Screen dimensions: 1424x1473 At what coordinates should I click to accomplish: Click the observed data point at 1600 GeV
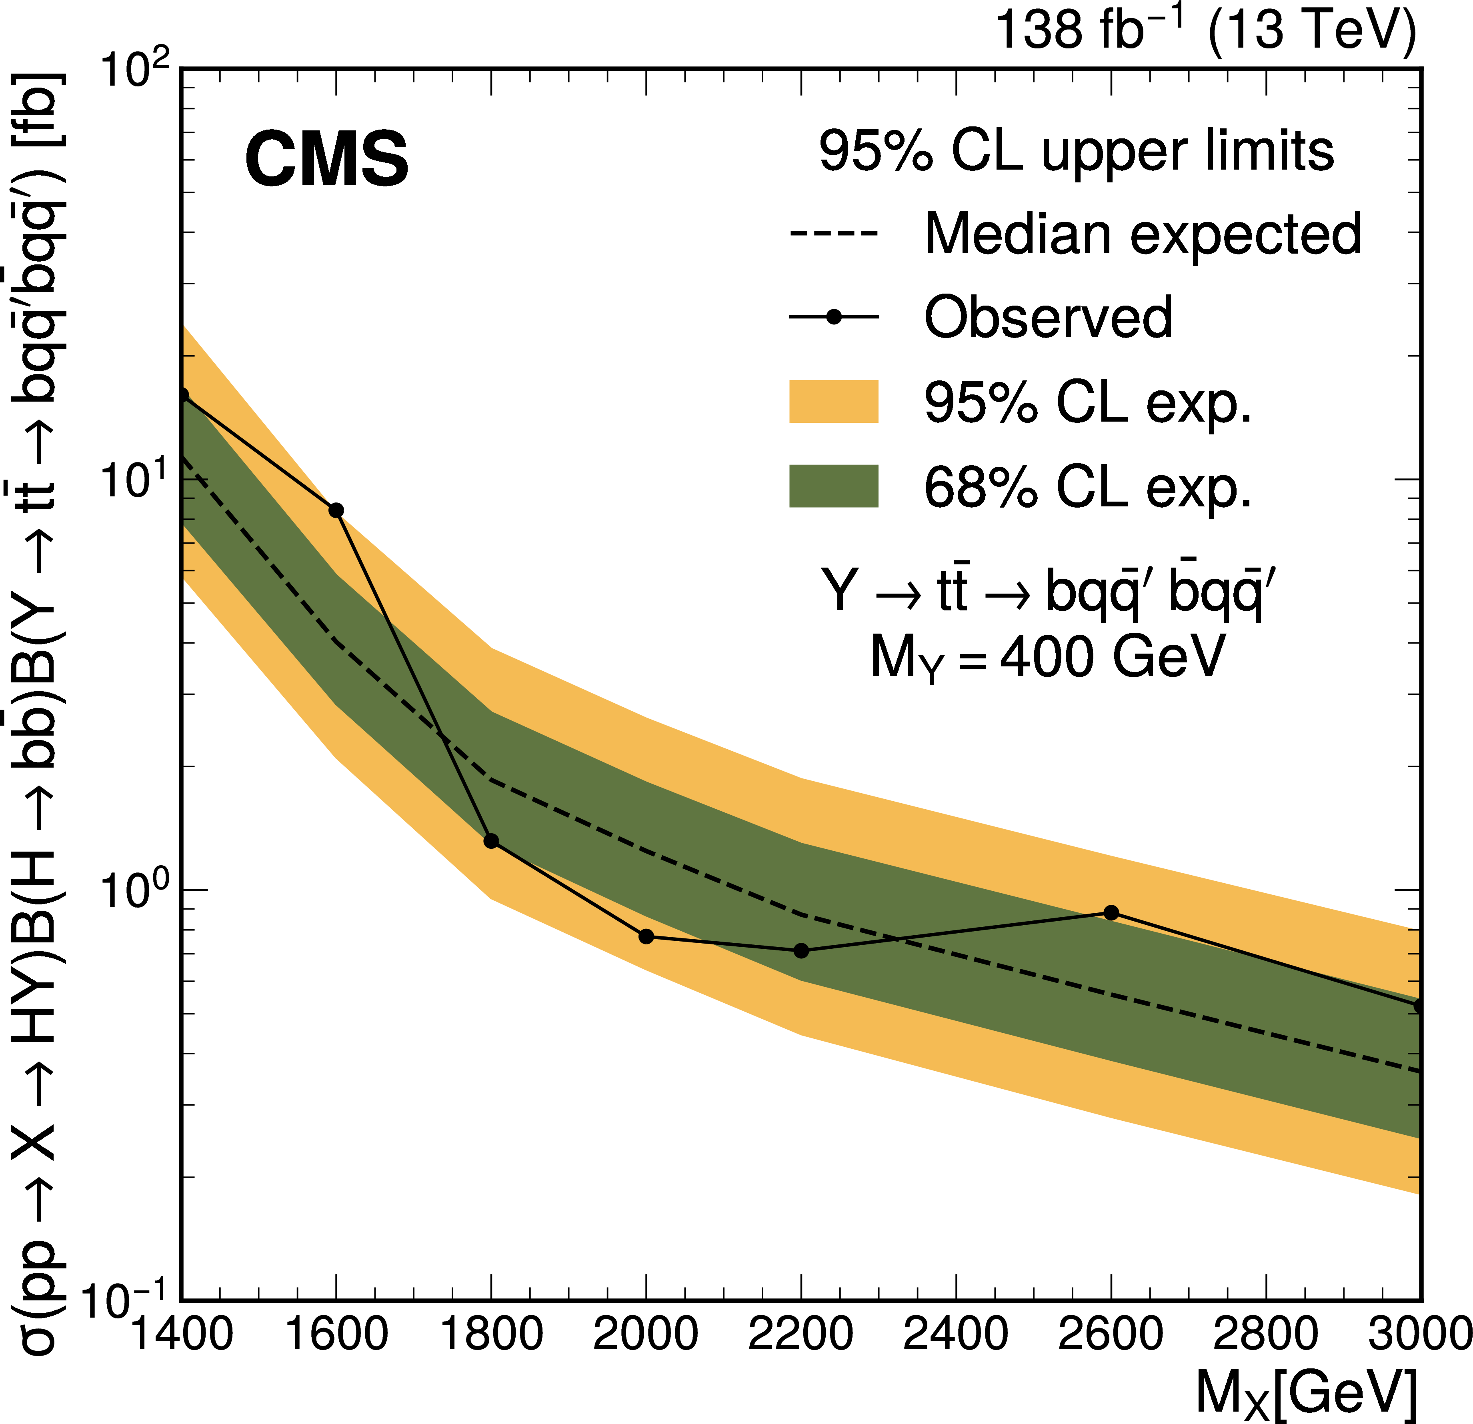337,511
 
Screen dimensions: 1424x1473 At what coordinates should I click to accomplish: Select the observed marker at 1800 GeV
492,841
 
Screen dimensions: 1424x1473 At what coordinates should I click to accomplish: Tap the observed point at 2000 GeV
646,936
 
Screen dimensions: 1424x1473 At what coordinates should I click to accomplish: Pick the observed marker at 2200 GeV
801,950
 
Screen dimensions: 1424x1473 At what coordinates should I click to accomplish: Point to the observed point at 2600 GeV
1111,913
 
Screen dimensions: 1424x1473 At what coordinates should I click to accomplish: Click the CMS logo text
327,159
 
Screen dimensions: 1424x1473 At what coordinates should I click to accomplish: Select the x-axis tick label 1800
492,1334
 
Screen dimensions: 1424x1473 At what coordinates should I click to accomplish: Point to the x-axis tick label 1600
337,1334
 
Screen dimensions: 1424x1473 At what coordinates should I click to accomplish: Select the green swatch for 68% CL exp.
833,486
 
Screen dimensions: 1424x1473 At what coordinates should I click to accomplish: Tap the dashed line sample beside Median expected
833,233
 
